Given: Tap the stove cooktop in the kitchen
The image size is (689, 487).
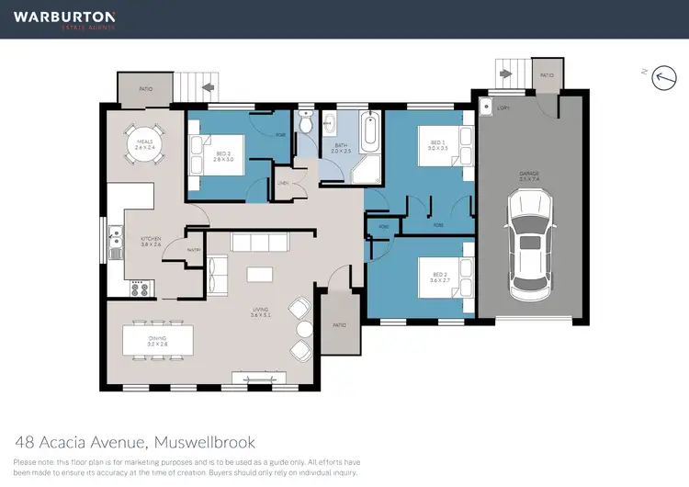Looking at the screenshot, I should [x=141, y=289].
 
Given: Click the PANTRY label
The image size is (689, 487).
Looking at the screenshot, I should [x=193, y=250].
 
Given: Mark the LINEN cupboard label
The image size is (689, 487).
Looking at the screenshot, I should [x=283, y=183].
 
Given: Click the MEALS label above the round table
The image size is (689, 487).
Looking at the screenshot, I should [x=143, y=142].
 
